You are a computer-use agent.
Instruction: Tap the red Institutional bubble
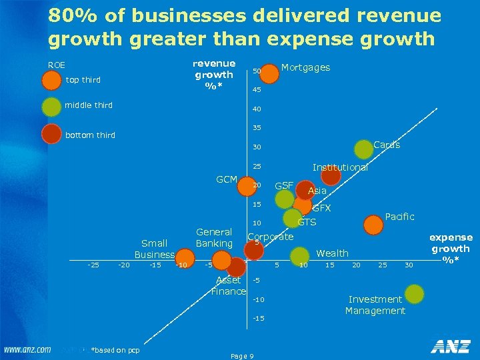click(330, 175)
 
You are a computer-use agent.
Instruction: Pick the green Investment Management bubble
click(415, 293)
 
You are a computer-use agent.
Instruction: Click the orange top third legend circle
click(51, 81)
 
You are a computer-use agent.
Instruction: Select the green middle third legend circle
click(51, 107)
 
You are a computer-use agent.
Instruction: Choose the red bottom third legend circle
click(51, 135)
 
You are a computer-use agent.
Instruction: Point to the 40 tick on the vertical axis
click(257, 110)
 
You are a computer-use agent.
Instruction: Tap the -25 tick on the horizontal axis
click(93, 265)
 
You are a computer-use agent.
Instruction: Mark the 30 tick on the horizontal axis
click(409, 265)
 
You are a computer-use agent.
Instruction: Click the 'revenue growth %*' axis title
click(213, 74)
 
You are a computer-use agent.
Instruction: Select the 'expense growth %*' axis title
click(451, 248)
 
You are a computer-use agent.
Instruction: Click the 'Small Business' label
click(155, 249)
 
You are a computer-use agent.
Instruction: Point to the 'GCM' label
click(227, 179)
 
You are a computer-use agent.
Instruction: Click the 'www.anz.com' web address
click(27, 349)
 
